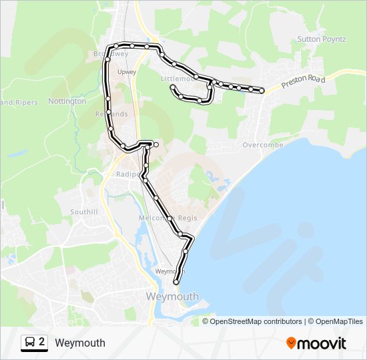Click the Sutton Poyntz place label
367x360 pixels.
(x=322, y=39)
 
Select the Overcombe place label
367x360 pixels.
(x=263, y=145)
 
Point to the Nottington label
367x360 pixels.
(x=67, y=101)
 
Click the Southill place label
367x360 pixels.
(x=84, y=212)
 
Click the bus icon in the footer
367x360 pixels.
(x=30, y=343)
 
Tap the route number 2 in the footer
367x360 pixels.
(x=42, y=343)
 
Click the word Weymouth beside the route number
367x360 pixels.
(x=80, y=343)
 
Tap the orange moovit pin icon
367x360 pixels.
(x=292, y=343)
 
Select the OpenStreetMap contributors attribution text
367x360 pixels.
(x=256, y=321)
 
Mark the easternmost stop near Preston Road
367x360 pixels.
(x=262, y=90)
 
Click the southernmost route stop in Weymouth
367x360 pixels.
(x=176, y=282)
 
